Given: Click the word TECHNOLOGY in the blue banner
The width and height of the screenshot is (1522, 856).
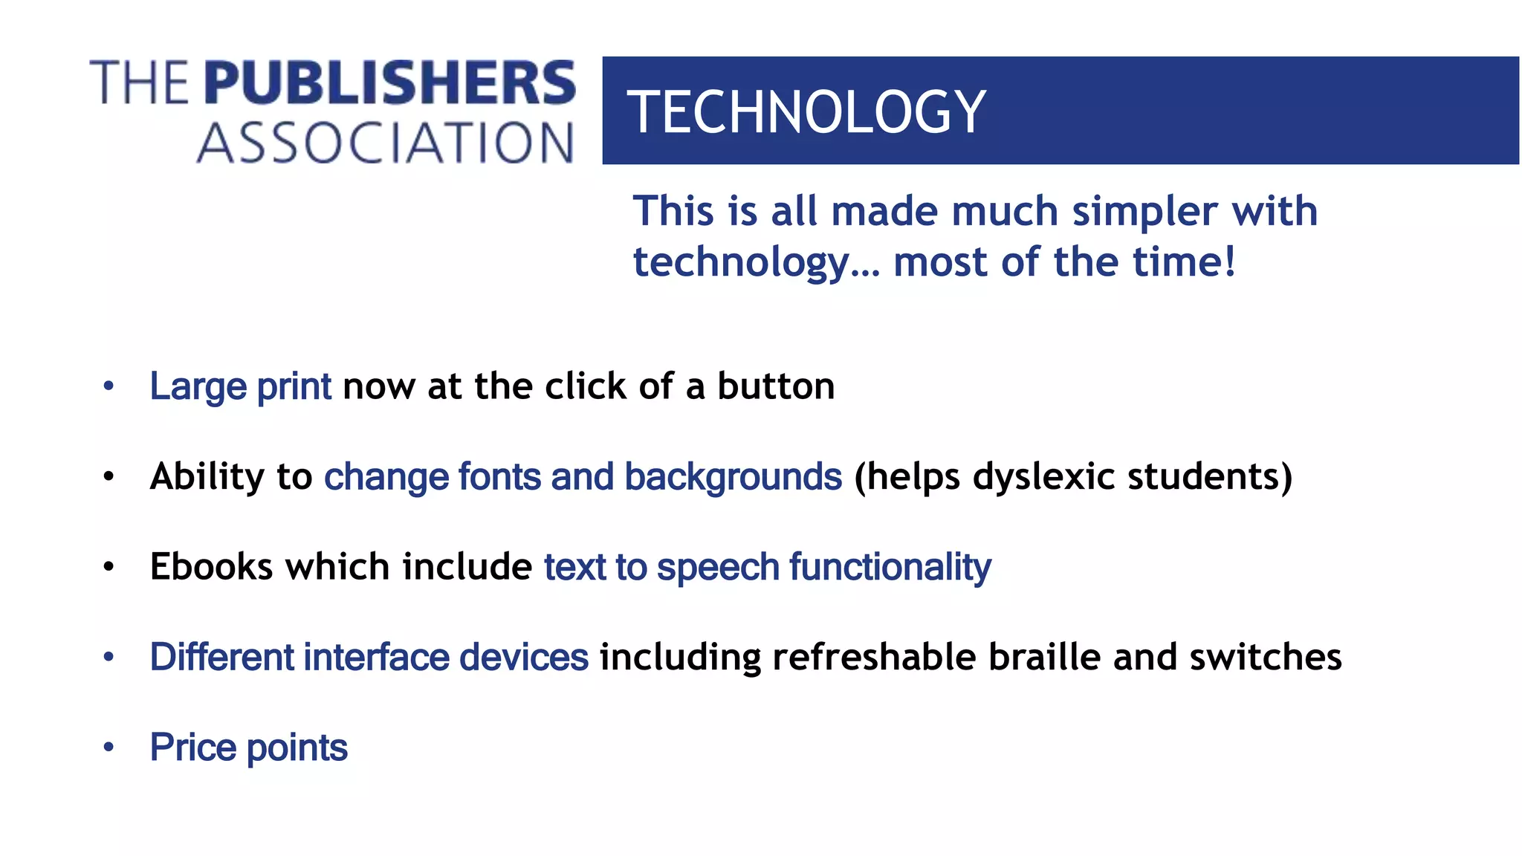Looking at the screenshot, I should pos(806,111).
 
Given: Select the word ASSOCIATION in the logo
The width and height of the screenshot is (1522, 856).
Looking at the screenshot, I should pos(385,143).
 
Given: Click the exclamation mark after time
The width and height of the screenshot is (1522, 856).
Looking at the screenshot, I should pos(1230,262).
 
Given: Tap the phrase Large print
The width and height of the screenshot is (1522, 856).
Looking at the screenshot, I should pos(240,386).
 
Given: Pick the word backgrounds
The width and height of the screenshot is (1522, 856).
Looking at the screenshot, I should pos(733,477).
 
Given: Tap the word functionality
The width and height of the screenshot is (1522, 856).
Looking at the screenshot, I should pos(890,568).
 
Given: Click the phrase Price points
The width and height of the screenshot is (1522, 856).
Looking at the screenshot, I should pos(248,748).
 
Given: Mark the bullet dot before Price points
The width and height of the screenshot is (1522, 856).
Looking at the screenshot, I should pos(109,747).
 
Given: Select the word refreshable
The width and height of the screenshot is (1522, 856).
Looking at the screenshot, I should pos(874,657).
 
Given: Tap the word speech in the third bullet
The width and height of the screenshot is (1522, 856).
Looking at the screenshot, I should pos(717,568).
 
